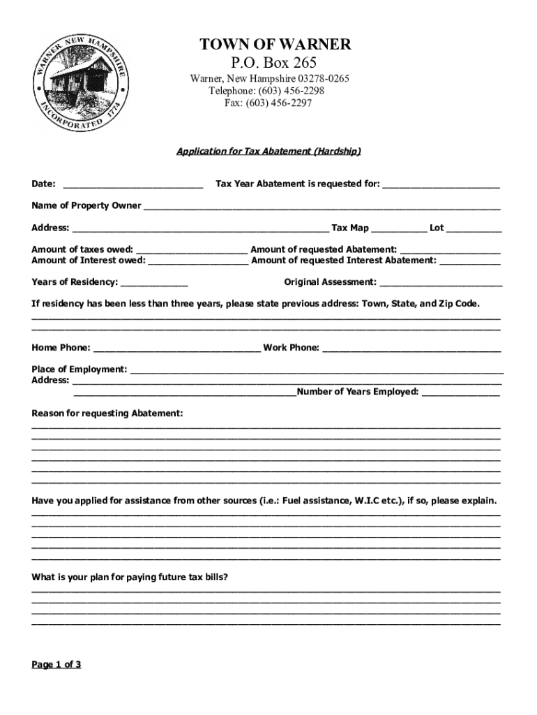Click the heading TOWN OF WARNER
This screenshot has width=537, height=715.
[x=275, y=45]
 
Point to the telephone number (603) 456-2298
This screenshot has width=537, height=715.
[x=292, y=91]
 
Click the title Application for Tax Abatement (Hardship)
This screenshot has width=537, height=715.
[x=268, y=151]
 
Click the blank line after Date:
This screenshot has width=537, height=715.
[x=133, y=184]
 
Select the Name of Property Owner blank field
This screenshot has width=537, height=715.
[x=322, y=206]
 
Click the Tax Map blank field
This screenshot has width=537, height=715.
[x=399, y=228]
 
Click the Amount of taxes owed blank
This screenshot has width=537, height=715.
[x=192, y=250]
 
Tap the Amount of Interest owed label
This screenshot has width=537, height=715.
[x=89, y=260]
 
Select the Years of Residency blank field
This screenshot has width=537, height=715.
[x=154, y=283]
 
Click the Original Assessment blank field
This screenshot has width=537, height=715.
[x=441, y=283]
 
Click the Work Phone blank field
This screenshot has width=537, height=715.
[x=411, y=348]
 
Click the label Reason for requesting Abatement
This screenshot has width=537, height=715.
[x=107, y=414]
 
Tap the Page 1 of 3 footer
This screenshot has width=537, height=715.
[x=56, y=665]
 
